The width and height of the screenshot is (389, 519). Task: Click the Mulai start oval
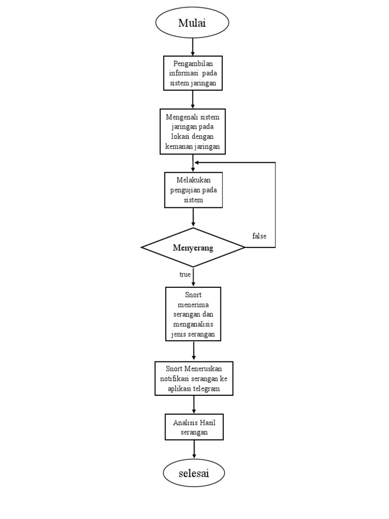point(192,23)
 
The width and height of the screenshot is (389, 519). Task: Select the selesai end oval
point(193,473)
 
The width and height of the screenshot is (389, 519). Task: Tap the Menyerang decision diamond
point(193,247)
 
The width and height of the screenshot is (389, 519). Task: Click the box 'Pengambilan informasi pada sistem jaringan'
point(192,73)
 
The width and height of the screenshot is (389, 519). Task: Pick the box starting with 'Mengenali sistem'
point(192,131)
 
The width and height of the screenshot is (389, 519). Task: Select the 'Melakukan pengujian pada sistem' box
point(193,190)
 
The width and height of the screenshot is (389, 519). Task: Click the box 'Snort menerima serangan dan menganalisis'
point(193,314)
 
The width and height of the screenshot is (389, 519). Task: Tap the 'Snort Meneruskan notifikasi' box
point(193,378)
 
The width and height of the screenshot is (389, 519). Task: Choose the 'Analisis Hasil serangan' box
point(193,427)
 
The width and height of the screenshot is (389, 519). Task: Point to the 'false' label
point(259,236)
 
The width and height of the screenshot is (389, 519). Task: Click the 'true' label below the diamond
point(185,274)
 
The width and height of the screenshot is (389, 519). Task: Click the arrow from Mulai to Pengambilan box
point(192,47)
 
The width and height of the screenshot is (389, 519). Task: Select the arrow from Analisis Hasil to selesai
point(194,450)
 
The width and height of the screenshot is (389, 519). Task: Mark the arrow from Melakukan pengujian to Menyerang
point(193,217)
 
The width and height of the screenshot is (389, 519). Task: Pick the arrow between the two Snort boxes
point(194,351)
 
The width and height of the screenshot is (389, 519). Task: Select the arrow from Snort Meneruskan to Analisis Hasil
point(194,404)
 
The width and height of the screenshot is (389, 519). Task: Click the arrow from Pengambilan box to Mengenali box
point(192,99)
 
